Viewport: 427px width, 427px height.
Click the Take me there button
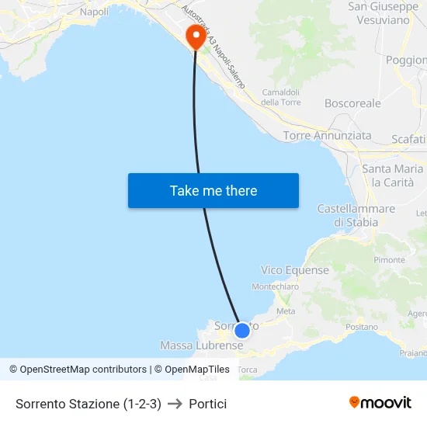(x=213, y=191)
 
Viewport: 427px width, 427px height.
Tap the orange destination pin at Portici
(x=195, y=36)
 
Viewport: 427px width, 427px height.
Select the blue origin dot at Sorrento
(x=242, y=331)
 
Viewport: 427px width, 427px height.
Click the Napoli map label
(x=94, y=12)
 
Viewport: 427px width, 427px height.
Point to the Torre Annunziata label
(x=327, y=136)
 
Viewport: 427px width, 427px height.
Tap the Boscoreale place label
(x=352, y=103)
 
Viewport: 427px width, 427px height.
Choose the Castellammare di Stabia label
(x=356, y=216)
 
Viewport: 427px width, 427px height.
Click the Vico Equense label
(x=295, y=270)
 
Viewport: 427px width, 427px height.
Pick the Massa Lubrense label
(x=191, y=345)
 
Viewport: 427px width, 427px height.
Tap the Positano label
(x=361, y=328)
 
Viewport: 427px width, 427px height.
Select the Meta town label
(x=286, y=311)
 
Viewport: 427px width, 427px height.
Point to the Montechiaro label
(x=276, y=286)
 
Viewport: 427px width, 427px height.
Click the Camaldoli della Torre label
(x=280, y=97)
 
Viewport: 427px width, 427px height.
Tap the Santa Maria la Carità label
(x=393, y=175)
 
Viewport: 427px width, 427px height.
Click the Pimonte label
(x=390, y=260)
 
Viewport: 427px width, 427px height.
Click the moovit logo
(x=380, y=403)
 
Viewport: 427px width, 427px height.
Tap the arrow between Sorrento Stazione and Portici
(x=175, y=404)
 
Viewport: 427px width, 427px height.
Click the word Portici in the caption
(x=208, y=404)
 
